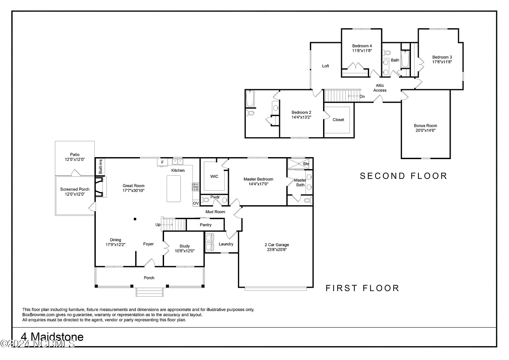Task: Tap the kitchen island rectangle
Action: [x=174, y=189]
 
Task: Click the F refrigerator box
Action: [x=162, y=162]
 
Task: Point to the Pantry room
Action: [x=205, y=225]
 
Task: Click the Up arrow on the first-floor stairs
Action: [x=168, y=225]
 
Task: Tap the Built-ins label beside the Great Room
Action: [x=100, y=167]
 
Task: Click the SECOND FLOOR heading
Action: [x=404, y=176]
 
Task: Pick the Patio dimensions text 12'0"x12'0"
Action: [x=75, y=159]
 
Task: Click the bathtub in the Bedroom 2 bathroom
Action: [x=250, y=99]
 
